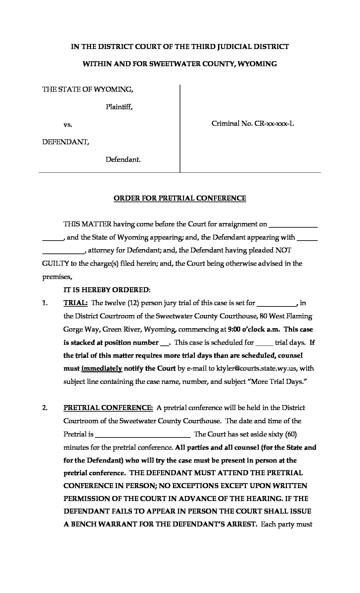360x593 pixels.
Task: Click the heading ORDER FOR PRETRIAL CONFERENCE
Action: click(x=180, y=198)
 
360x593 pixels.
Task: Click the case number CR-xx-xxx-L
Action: click(x=274, y=124)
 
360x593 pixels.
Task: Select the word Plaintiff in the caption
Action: click(x=119, y=107)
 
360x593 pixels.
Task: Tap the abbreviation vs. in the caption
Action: click(x=68, y=125)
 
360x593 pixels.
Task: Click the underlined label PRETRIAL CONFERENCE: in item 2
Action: click(x=108, y=408)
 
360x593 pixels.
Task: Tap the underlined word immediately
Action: click(x=102, y=368)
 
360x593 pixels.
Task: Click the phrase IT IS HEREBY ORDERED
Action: click(x=107, y=290)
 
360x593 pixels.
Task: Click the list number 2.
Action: click(x=45, y=408)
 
